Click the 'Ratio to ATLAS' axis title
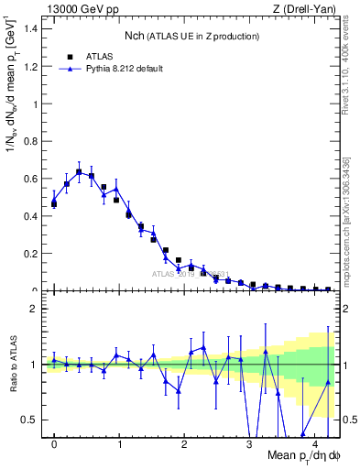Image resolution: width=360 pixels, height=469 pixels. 14,365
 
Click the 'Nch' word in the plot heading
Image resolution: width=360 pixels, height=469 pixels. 135,36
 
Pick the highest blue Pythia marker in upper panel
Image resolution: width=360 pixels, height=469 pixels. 79,171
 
